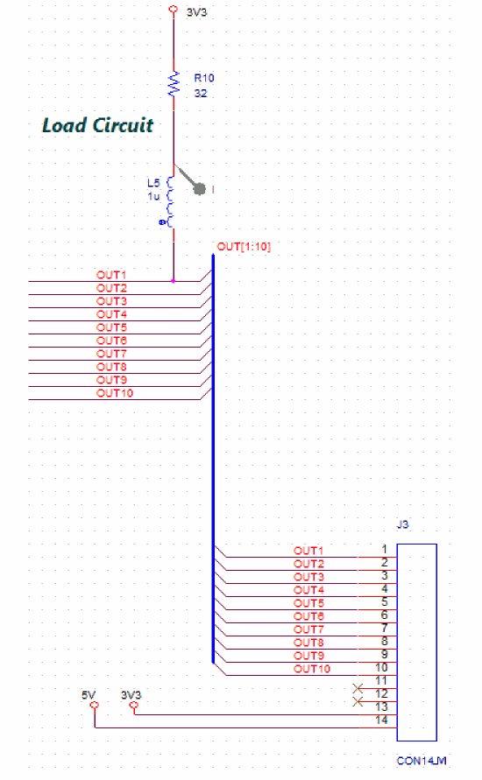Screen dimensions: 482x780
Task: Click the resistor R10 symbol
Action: (x=174, y=83)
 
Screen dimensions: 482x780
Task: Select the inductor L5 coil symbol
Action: (x=170, y=202)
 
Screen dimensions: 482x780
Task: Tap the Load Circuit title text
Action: (x=97, y=125)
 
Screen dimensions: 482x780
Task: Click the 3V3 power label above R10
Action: (x=196, y=12)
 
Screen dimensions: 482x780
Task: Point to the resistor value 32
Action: (x=201, y=94)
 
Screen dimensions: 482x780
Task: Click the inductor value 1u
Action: (x=153, y=196)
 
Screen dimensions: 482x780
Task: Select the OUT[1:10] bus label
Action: (x=244, y=247)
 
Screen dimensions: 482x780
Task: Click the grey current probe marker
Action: (x=199, y=189)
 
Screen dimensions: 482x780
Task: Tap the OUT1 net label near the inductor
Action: (x=111, y=275)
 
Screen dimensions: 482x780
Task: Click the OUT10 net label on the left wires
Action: (x=115, y=393)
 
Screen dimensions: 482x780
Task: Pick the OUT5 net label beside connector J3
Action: (x=308, y=603)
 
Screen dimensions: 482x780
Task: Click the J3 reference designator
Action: (x=403, y=524)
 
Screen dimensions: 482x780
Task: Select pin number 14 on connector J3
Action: (x=381, y=720)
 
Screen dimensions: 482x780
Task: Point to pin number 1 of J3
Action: (x=385, y=549)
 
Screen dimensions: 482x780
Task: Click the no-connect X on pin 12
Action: (x=358, y=688)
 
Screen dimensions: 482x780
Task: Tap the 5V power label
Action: (x=89, y=695)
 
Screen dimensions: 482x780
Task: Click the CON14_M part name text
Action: (x=422, y=761)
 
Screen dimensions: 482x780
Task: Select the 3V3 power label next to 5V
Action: (x=131, y=695)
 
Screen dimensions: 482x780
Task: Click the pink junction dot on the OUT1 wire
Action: (x=174, y=281)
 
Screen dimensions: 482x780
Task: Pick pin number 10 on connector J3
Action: (x=381, y=668)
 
